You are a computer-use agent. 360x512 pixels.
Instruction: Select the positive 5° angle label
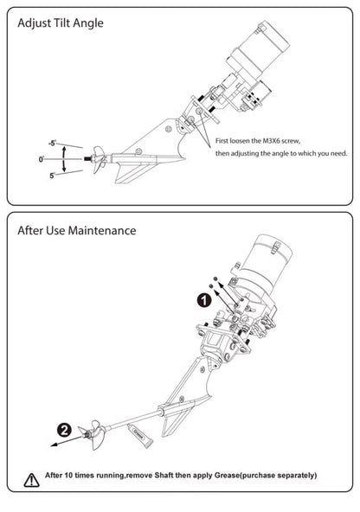coord(53,176)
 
